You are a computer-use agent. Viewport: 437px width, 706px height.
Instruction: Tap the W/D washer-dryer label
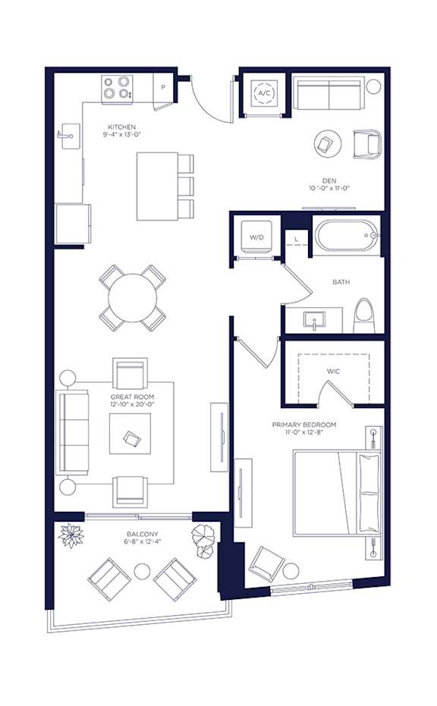coord(256,237)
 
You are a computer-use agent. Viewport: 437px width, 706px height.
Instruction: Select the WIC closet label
coord(333,372)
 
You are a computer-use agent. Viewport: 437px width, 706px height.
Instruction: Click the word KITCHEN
coord(121,127)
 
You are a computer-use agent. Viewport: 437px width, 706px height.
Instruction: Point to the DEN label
coord(329,180)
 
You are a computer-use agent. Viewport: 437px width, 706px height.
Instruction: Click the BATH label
coord(341,282)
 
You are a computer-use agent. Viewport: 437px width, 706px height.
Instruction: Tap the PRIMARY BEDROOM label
coord(304,425)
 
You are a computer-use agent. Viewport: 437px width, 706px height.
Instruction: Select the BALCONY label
coord(143,534)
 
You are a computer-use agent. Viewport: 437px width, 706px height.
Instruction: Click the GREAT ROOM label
coord(133,397)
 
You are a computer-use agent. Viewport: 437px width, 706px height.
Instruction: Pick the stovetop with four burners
coord(117,88)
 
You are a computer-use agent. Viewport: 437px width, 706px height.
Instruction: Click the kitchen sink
coord(69,135)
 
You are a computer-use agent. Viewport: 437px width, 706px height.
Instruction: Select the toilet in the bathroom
coord(364,315)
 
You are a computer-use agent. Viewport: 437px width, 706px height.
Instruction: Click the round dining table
coord(133,297)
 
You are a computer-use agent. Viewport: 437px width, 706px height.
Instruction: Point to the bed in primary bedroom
coord(337,493)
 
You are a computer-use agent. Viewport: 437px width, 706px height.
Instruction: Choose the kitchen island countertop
coord(157,187)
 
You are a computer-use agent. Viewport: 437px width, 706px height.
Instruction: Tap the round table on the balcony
coord(142,571)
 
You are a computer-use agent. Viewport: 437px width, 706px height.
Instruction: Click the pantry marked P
coord(162,88)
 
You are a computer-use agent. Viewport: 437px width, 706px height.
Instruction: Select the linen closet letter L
coord(297,238)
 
